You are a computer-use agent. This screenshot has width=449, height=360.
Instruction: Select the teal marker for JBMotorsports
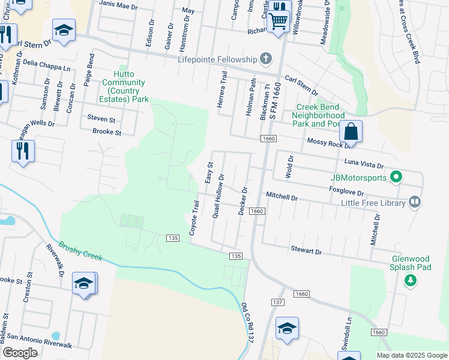(x=395, y=177)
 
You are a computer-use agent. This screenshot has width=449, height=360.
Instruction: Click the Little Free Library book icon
(x=414, y=202)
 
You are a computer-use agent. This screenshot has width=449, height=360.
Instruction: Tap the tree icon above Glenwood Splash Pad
(x=411, y=280)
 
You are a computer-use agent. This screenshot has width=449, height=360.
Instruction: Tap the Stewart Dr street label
(x=306, y=250)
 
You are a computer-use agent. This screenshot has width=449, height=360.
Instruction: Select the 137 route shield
(x=277, y=301)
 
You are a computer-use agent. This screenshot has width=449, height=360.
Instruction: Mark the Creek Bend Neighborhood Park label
(x=319, y=115)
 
